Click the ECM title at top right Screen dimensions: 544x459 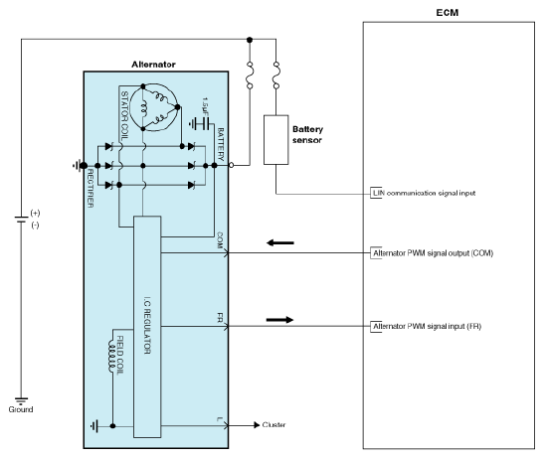(447, 13)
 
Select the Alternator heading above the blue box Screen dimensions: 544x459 (153, 65)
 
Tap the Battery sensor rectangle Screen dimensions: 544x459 (275, 140)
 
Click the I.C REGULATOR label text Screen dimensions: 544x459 (147, 325)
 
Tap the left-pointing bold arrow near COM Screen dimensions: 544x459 (280, 242)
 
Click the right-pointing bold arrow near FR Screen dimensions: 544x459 (279, 320)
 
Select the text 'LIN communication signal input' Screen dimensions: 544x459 (424, 193)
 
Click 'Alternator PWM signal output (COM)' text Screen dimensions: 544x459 (433, 253)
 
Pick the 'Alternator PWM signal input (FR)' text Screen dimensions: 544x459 (427, 326)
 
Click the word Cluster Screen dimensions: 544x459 (273, 424)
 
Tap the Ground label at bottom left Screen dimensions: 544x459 (21, 409)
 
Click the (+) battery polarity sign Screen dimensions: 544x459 (35, 213)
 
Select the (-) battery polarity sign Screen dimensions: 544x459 (35, 226)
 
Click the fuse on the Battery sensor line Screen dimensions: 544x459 (276, 75)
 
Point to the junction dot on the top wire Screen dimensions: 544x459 (250, 40)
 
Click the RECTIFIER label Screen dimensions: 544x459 (90, 188)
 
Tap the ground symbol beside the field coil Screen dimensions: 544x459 (94, 426)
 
